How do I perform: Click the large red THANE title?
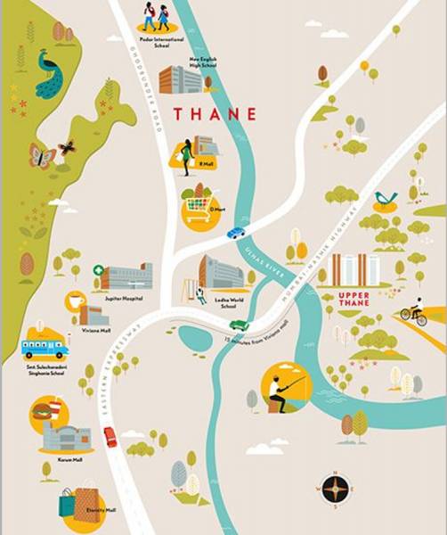(215, 114)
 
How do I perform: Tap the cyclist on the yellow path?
(412, 314)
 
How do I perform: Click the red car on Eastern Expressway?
(110, 436)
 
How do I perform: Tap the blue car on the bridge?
(235, 233)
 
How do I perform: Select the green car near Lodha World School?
(239, 325)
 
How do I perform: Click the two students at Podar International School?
(155, 16)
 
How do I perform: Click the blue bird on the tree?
(385, 197)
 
